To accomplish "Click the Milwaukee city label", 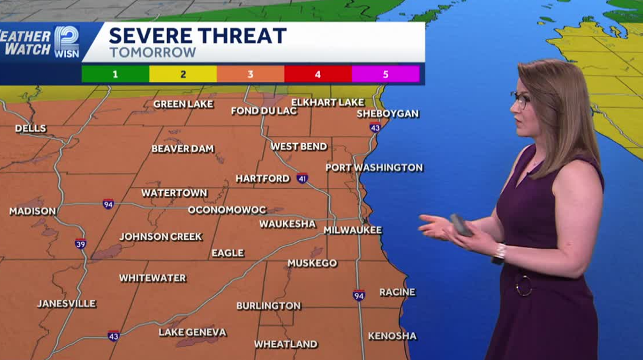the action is click(353, 230).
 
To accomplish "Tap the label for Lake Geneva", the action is click(193, 332).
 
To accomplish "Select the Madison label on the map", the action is click(33, 211).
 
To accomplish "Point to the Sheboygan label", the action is click(388, 114).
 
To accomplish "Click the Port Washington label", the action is click(374, 168).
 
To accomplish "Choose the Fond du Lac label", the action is click(264, 111).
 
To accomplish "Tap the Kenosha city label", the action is click(392, 336).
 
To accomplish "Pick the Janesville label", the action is click(67, 303).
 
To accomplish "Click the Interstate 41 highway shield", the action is click(302, 178).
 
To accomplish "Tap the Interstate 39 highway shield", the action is click(81, 244).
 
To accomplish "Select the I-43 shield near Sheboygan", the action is click(375, 128).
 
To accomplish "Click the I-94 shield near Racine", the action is click(359, 295).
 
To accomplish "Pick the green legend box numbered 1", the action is click(115, 74).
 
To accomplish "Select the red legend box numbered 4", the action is click(318, 74).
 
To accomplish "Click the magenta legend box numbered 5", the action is click(386, 74).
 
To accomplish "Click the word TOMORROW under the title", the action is click(152, 53).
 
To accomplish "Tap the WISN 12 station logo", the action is click(67, 42).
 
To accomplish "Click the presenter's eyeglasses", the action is click(520, 100).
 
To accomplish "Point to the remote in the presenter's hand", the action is click(461, 224).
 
